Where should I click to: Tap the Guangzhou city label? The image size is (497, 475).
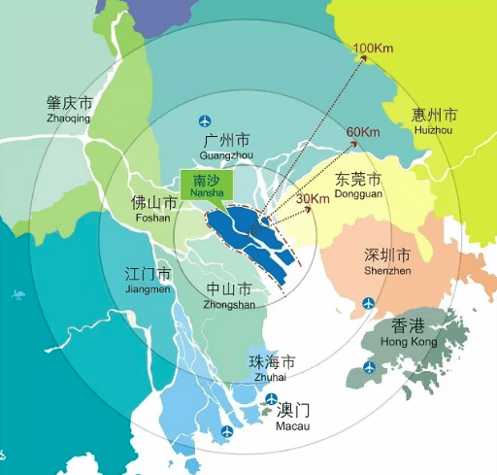click(x=225, y=147)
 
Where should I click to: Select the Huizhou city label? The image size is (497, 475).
click(x=434, y=120)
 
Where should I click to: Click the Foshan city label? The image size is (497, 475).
click(x=153, y=210)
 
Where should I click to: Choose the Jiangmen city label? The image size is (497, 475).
click(x=149, y=280)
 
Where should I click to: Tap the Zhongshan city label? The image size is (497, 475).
click(x=230, y=295)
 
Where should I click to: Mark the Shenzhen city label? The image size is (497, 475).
click(x=387, y=262)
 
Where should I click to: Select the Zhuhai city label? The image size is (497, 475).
click(x=272, y=368)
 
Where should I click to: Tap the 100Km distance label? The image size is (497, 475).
click(x=373, y=49)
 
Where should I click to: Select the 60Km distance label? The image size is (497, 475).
click(x=362, y=132)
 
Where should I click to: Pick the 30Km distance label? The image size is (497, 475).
click(x=313, y=199)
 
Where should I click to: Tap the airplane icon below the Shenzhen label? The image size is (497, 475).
click(x=368, y=305)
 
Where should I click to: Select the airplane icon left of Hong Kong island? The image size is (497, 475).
click(x=369, y=366)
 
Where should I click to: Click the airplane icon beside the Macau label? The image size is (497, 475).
click(x=273, y=398)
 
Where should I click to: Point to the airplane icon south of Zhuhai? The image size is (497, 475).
click(x=227, y=431)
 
